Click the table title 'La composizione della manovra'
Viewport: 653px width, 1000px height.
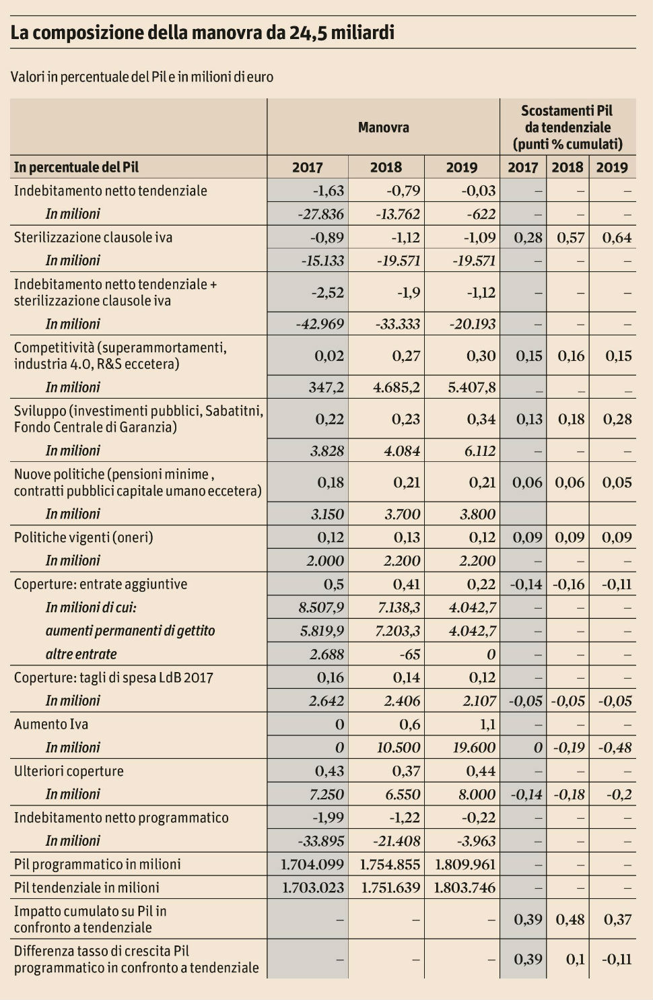202,32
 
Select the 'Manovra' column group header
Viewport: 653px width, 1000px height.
383,127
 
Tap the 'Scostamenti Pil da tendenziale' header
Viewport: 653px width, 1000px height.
567,127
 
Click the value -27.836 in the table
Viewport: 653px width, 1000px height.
320,214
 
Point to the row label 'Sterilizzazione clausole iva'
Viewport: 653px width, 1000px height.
93,237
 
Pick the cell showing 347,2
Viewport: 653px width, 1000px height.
325,387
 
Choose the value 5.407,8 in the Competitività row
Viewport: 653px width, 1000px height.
471,387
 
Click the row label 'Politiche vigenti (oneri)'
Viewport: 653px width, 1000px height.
83,537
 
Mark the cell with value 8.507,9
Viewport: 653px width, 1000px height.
320,607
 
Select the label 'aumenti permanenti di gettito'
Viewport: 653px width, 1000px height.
130,631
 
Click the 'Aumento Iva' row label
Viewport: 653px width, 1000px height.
51,725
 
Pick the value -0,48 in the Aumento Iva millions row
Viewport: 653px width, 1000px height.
615,747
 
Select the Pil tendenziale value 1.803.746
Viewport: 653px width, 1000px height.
465,888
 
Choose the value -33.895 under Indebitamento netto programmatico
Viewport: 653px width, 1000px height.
320,841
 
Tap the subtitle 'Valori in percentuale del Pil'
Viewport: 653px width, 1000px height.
142,77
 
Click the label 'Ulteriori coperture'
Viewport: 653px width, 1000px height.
69,771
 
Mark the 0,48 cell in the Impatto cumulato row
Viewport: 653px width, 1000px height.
570,919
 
